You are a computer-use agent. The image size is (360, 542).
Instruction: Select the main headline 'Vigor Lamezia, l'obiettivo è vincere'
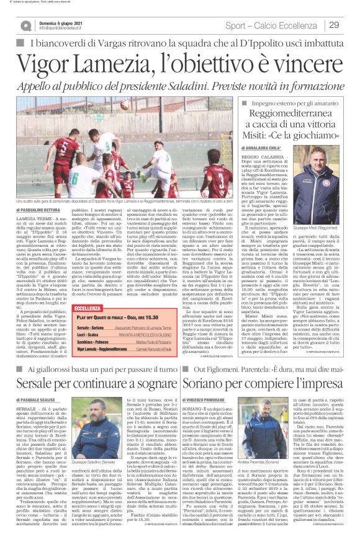point(179,62)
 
